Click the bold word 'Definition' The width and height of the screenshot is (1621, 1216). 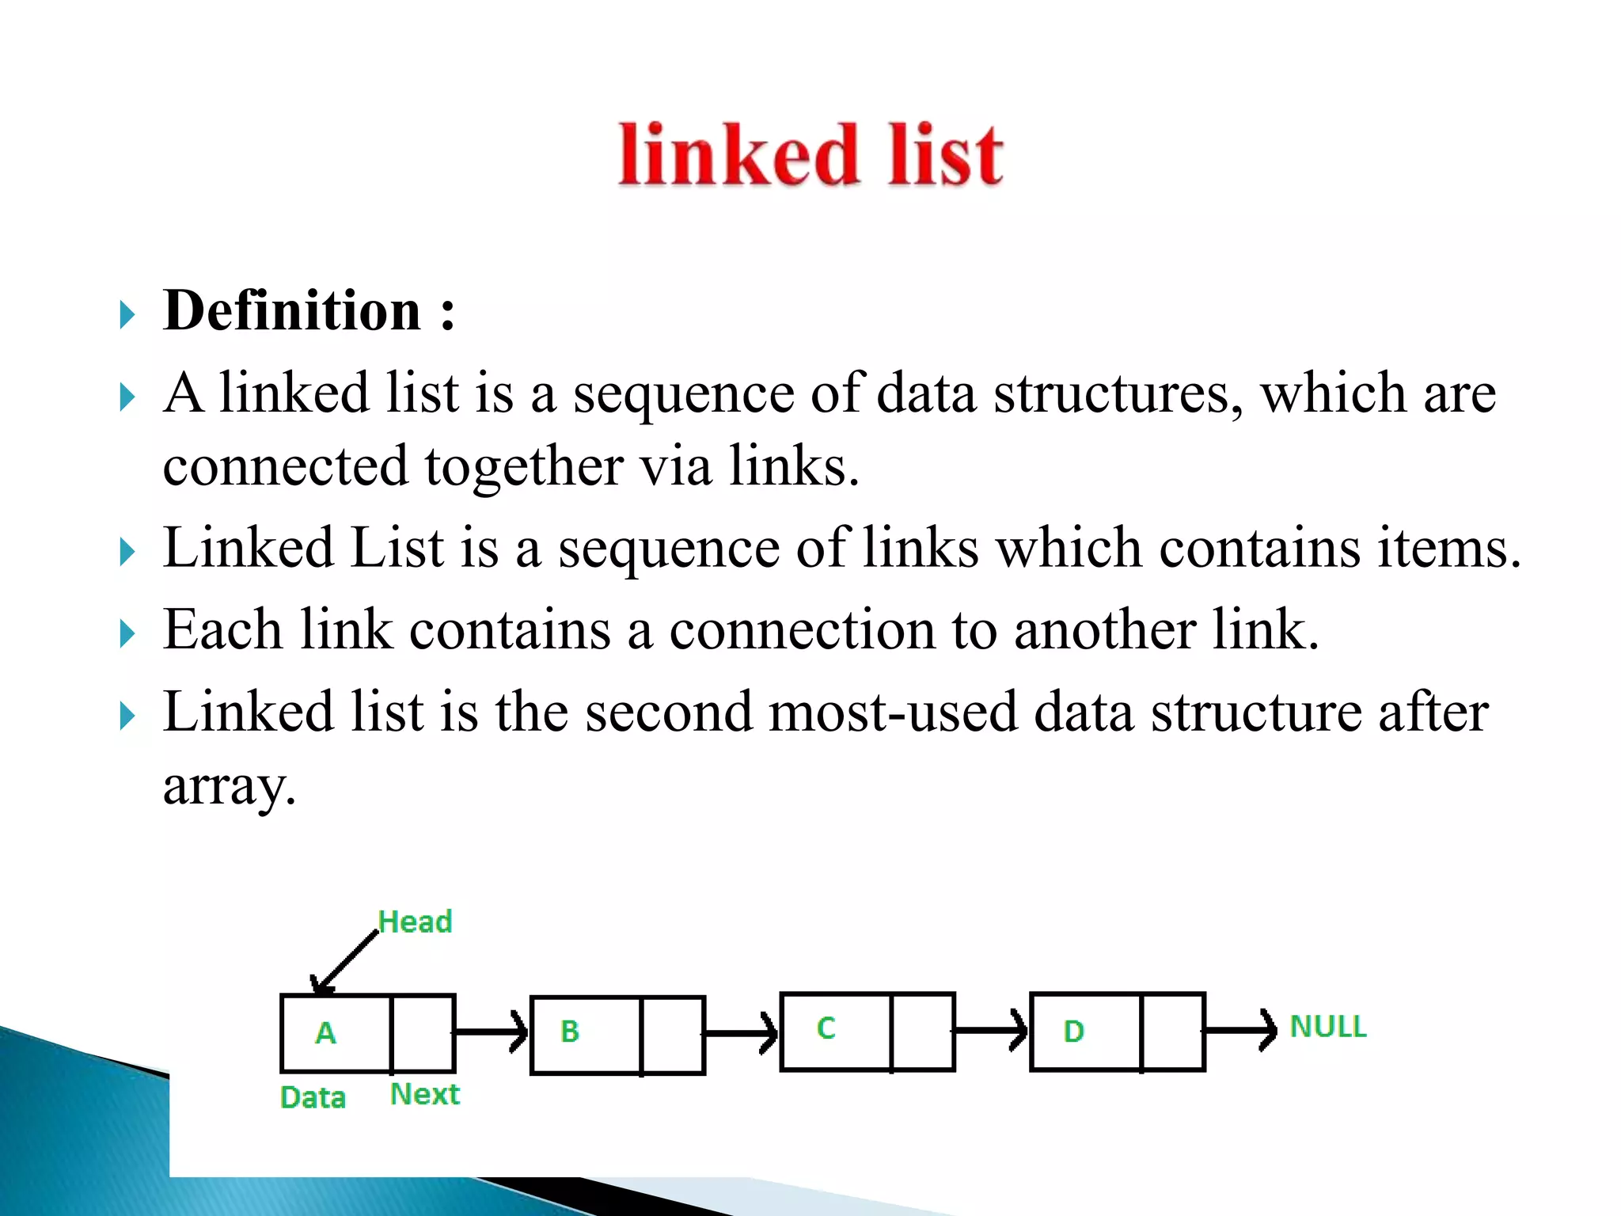tap(291, 310)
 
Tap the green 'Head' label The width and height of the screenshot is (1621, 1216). tap(415, 921)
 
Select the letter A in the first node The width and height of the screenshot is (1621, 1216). tap(325, 1033)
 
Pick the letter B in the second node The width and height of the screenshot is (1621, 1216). tap(570, 1032)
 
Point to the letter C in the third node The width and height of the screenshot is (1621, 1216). tap(826, 1028)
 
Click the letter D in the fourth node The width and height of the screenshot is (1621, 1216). tap(1073, 1032)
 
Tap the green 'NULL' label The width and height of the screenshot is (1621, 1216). tap(1328, 1027)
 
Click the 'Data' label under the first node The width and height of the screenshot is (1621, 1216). tap(313, 1098)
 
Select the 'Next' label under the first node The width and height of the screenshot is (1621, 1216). tap(425, 1094)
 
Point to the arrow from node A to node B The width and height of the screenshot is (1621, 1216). tap(491, 1032)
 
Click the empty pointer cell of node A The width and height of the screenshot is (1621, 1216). tap(423, 1032)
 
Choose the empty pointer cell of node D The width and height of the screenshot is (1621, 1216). tap(1173, 1032)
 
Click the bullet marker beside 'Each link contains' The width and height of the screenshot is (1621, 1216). tap(127, 634)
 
